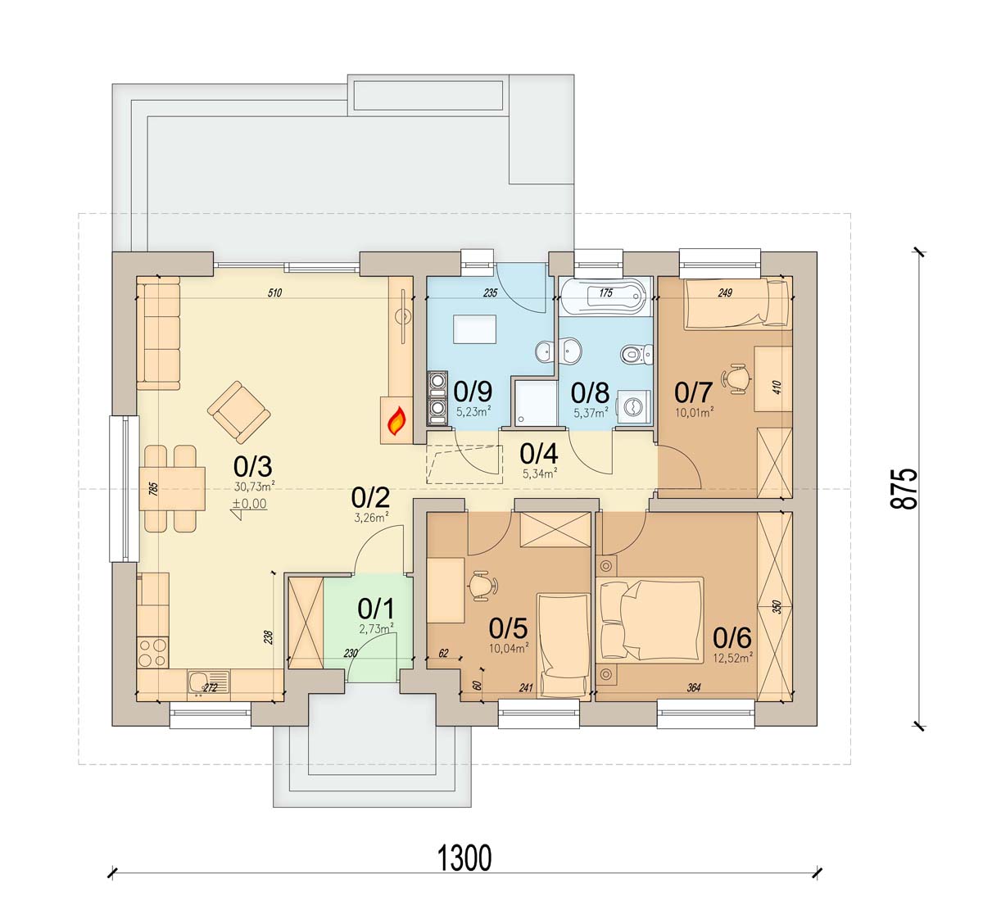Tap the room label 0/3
coord(253,466)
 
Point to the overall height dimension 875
coord(904,488)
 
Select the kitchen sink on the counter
coord(208,682)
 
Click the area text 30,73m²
coord(255,487)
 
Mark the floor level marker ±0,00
coord(250,504)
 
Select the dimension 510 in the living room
coord(274,293)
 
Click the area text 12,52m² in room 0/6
coord(732,658)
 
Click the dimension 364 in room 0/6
coord(694,688)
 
